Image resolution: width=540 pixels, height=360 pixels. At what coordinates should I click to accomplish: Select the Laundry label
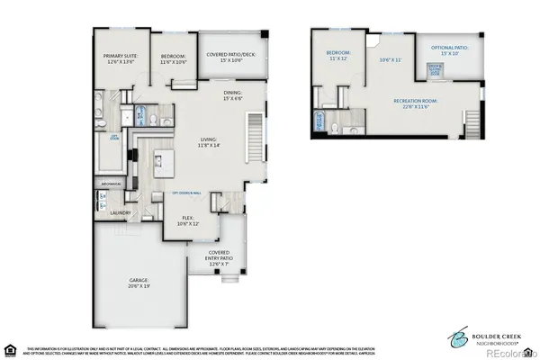[121, 213]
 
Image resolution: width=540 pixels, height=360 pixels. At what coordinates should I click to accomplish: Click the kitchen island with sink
[161, 161]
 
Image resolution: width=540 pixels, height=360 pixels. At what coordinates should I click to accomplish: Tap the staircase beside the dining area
[256, 134]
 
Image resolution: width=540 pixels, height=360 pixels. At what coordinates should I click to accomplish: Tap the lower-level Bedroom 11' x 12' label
[338, 56]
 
